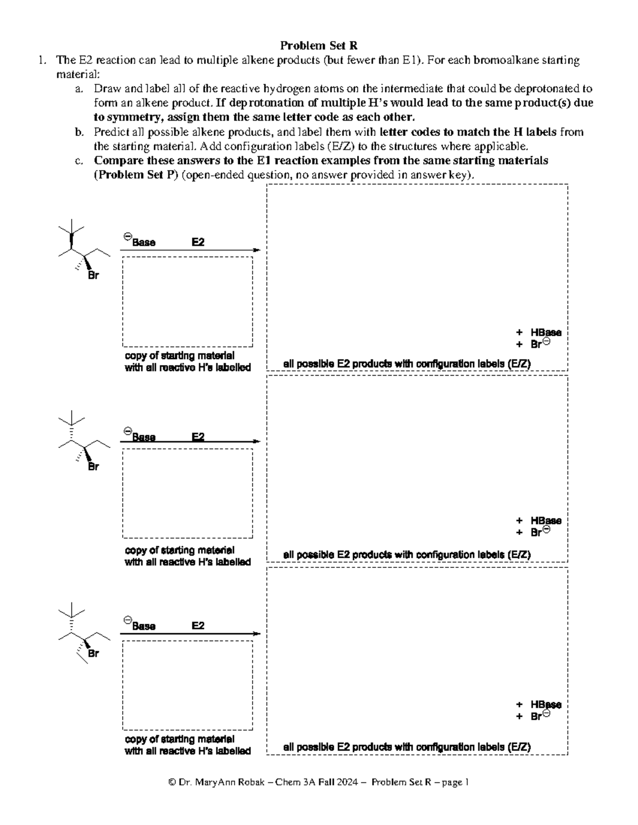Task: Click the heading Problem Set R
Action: coord(318,46)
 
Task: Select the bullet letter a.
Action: coord(78,89)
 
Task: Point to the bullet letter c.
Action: coord(78,160)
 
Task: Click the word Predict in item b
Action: coord(110,132)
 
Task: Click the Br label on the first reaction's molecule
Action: coord(93,276)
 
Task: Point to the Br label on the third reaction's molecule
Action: coord(93,653)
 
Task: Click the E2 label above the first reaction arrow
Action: coord(198,242)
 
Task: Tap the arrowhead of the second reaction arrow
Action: coord(257,441)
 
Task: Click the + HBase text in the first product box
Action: coord(539,333)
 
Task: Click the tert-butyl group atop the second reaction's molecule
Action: coord(71,420)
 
